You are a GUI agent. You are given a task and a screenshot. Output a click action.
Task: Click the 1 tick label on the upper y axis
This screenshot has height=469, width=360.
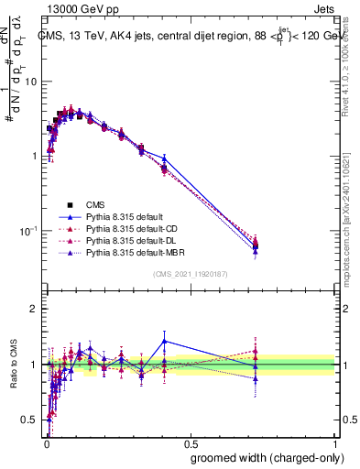click(x=34, y=156)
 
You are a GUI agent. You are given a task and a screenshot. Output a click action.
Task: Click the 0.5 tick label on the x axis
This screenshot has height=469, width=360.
click(x=191, y=442)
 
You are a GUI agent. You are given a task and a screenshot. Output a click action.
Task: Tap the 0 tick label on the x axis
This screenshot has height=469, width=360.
click(x=46, y=442)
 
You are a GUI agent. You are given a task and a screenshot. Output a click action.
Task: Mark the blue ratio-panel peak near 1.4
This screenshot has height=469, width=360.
click(x=164, y=341)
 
